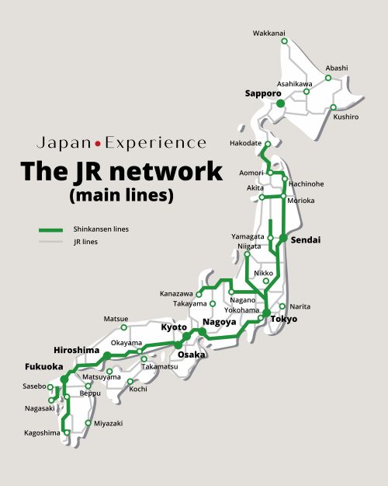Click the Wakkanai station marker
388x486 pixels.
click(x=284, y=41)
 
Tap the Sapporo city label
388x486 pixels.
click(x=263, y=93)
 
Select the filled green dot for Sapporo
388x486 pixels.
click(x=280, y=103)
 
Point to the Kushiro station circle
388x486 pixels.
click(x=333, y=107)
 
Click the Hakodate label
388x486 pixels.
click(x=245, y=143)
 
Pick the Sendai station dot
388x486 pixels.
click(x=283, y=238)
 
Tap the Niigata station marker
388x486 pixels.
click(x=247, y=254)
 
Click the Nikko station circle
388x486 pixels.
click(x=266, y=281)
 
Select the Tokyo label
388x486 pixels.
click(x=284, y=319)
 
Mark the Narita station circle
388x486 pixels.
click(x=282, y=306)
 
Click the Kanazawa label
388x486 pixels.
click(x=176, y=293)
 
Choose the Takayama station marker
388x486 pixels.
click(x=213, y=304)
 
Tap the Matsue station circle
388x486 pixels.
click(x=123, y=327)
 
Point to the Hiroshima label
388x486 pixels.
click(x=76, y=350)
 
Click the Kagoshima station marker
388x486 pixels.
click(x=67, y=432)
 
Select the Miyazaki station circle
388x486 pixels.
click(x=88, y=423)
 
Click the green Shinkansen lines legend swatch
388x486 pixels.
click(x=50, y=230)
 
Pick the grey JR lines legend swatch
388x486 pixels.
click(x=50, y=242)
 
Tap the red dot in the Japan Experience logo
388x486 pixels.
click(x=98, y=144)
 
